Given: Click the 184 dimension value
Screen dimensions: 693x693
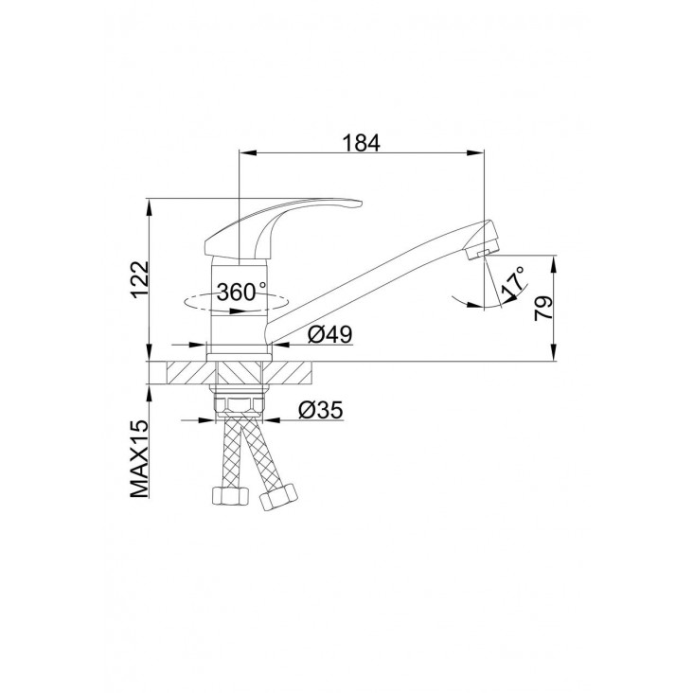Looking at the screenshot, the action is pyautogui.click(x=361, y=143).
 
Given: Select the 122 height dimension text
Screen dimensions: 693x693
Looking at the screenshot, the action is pyautogui.click(x=140, y=280).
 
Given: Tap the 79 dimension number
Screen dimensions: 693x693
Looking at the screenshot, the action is pyautogui.click(x=543, y=308).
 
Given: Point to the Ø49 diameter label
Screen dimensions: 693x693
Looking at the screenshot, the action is pyautogui.click(x=330, y=334).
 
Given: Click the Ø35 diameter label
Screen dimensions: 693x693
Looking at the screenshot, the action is pyautogui.click(x=320, y=410).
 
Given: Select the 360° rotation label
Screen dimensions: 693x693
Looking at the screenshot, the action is pyautogui.click(x=241, y=292).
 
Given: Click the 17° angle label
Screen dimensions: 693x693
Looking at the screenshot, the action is pyautogui.click(x=513, y=282).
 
